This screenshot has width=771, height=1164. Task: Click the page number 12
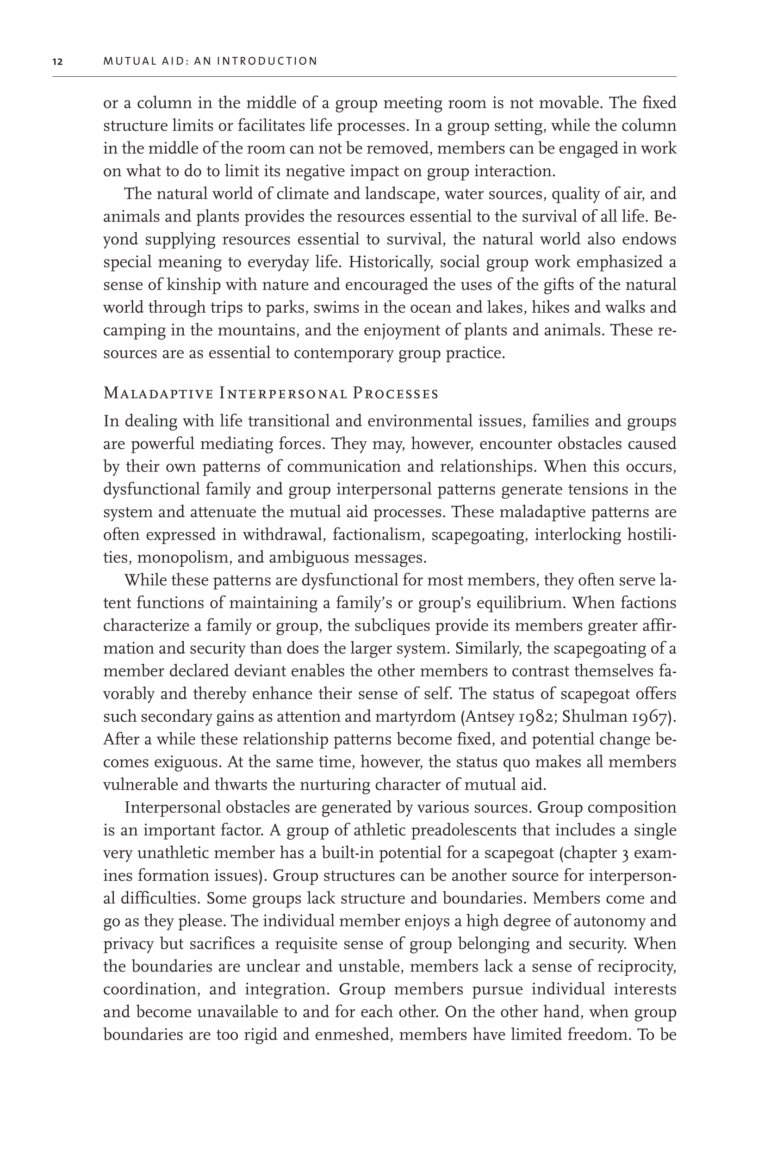57,62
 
